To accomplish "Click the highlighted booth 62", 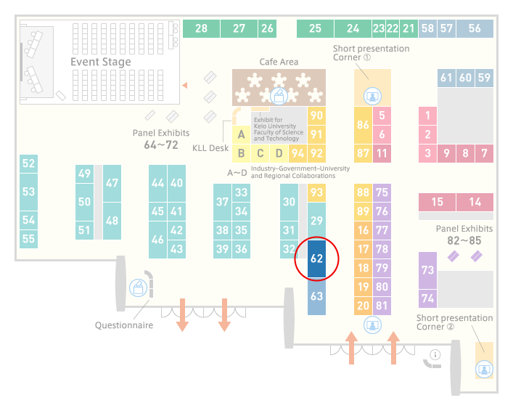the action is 316,259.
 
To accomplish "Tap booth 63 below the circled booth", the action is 316,296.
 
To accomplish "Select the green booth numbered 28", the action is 201,28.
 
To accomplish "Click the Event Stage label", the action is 101,62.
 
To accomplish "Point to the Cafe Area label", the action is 279,62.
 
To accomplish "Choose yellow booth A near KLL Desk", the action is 241,134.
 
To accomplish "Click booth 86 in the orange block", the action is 363,125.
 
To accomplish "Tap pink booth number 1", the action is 427,115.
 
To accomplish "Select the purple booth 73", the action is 427,270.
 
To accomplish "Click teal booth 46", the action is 157,240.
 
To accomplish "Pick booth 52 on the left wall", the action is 28,163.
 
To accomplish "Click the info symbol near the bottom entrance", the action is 435,354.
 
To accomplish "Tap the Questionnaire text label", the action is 124,325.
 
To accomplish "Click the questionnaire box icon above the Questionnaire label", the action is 138,288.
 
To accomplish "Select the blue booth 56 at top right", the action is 475,28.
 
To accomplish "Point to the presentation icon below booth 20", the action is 372,325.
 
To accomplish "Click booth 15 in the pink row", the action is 437,202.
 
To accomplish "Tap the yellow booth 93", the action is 316,192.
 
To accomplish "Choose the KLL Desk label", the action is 210,148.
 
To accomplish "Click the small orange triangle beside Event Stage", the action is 185,86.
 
